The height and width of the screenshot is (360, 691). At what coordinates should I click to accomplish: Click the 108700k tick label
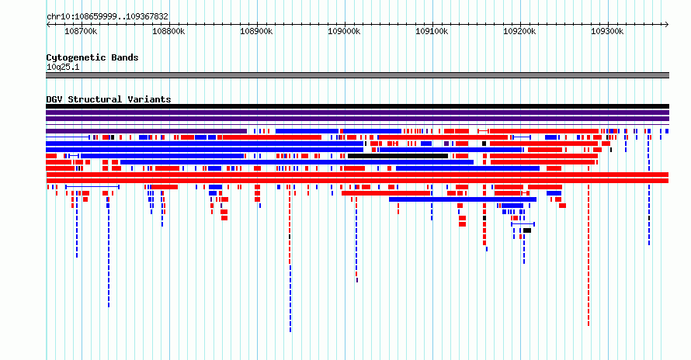81,31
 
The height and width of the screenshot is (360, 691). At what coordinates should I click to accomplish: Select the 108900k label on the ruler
256,31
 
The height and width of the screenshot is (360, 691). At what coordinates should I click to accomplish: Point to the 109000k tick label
344,31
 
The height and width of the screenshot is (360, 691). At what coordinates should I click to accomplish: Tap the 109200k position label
519,31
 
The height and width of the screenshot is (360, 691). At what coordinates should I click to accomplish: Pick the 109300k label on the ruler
607,31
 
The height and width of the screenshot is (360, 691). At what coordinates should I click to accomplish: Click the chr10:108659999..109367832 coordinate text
107,17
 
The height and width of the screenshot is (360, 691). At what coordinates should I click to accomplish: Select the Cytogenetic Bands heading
92,57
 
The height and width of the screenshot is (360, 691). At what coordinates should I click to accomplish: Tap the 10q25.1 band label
63,67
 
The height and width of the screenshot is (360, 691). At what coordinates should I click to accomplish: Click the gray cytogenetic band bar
357,75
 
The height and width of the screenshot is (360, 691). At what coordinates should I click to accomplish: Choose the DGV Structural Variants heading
109,99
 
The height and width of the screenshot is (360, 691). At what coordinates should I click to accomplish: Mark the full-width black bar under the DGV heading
357,106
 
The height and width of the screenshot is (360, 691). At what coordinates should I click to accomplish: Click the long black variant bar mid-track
398,156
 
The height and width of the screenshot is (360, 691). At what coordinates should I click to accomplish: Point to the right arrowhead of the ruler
667,25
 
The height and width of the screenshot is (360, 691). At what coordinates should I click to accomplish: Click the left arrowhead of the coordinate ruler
48,25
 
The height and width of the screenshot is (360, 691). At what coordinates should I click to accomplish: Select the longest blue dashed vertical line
290,299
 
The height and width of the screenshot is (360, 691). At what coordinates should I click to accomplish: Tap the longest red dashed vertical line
589,255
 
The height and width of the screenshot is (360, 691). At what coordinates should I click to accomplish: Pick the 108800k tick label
168,31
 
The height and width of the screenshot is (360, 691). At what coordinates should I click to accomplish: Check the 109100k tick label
432,31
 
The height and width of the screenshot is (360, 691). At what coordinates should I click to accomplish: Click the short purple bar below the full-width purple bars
146,131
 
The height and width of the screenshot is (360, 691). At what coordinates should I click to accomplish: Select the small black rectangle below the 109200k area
527,230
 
